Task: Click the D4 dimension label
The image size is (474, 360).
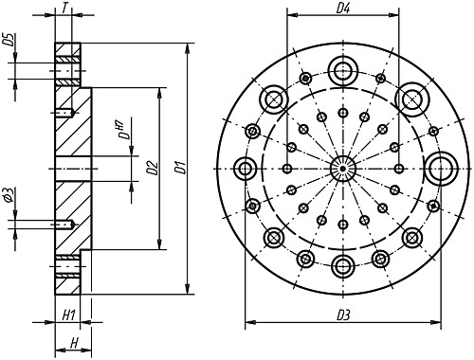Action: point(342,9)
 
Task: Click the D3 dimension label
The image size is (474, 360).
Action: point(343,315)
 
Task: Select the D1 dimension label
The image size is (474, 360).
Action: point(181,168)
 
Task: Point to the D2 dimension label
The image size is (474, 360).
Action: point(153,168)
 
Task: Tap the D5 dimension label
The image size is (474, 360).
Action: point(10,40)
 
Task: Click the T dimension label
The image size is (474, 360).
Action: point(64,8)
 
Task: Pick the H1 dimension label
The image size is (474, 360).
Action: point(68,315)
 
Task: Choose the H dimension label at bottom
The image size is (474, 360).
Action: point(74,343)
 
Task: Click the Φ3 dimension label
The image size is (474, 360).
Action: point(9,194)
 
